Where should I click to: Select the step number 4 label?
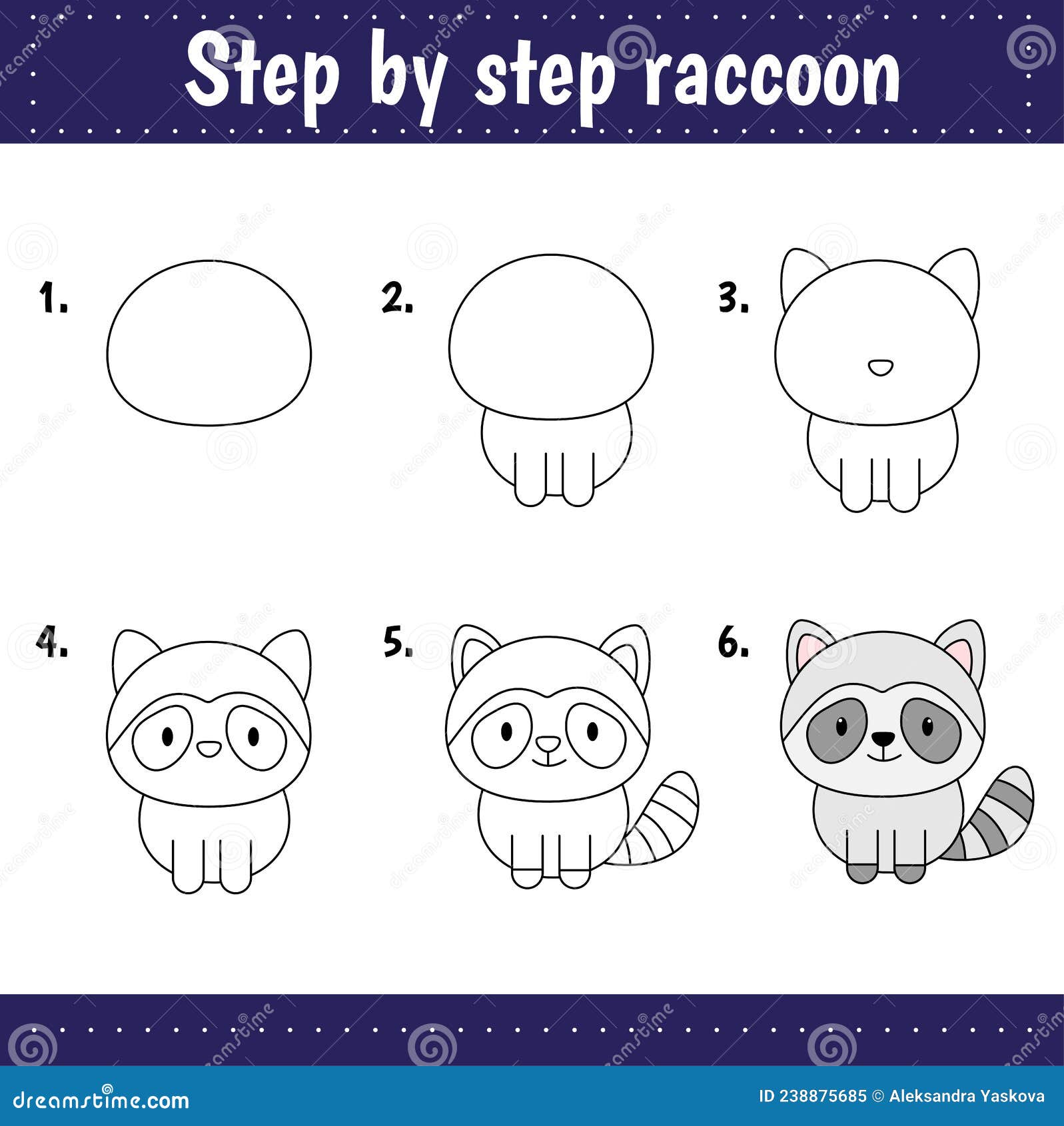pyautogui.click(x=51, y=643)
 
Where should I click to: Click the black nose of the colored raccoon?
pyautogui.click(x=883, y=738)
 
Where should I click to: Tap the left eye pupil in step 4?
pyautogui.click(x=167, y=736)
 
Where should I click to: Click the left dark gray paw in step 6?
pyautogui.click(x=861, y=871)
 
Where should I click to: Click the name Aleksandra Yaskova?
pyautogui.click(x=966, y=1096)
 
